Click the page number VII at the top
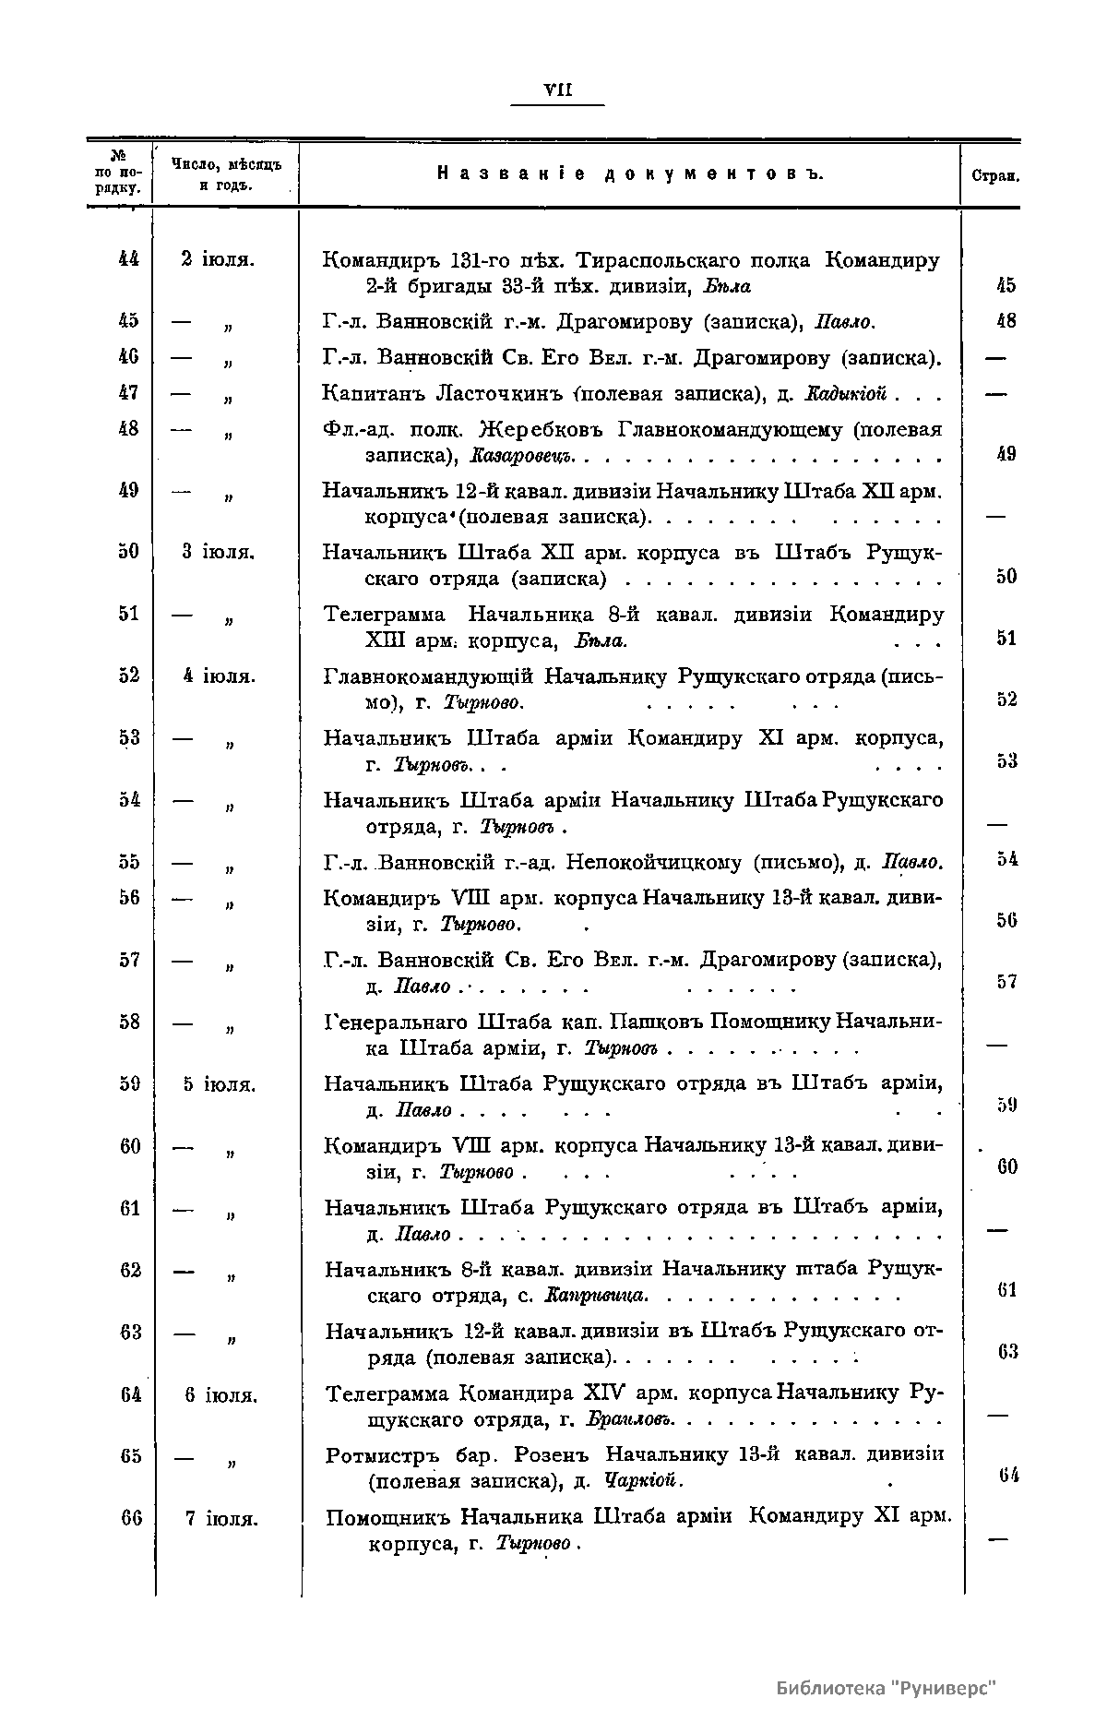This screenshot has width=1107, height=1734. coord(558,90)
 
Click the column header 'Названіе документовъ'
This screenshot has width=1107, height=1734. coord(628,174)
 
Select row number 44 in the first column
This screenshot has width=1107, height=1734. coord(128,259)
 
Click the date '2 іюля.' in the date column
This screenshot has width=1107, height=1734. coord(218,259)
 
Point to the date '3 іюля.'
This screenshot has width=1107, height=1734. coord(218,552)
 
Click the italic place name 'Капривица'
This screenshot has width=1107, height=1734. coord(596,1296)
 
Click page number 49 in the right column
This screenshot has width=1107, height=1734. coord(1005,453)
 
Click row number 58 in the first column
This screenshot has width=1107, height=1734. coord(128,1022)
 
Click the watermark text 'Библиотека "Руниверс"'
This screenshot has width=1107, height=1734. coord(887,1688)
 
